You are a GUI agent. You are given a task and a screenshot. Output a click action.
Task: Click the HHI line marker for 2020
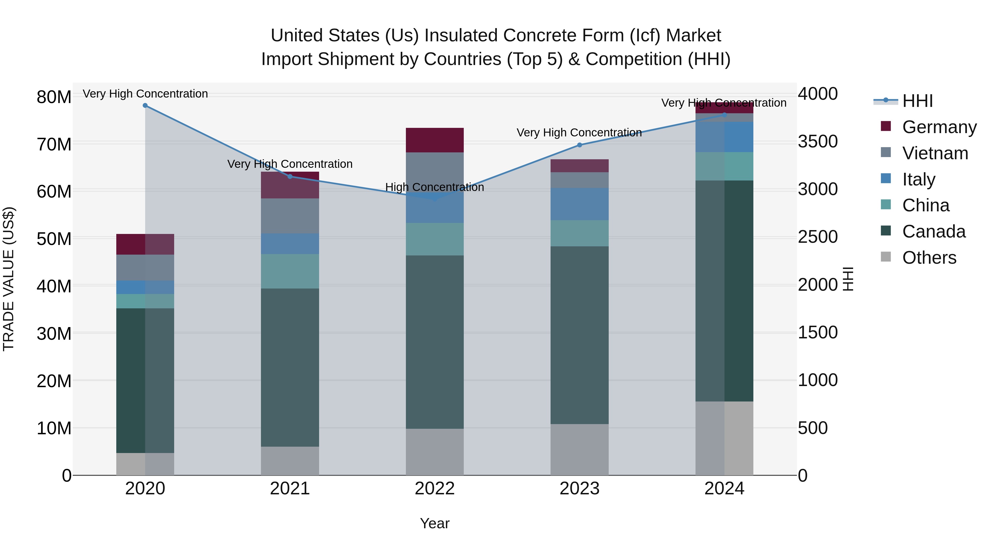coord(145,106)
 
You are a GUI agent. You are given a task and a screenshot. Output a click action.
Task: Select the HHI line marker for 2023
coord(579,145)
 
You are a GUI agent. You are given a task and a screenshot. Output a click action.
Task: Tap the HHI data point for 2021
coord(290,176)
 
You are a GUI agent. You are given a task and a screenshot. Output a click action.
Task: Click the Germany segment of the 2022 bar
coord(435,140)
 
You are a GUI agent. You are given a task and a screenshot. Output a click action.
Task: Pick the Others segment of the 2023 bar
coord(579,449)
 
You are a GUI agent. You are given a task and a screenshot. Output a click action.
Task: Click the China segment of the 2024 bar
coord(724,166)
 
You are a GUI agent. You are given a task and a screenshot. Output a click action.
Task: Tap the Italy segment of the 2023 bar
coord(579,204)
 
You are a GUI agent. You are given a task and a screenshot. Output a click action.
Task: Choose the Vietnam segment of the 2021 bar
coord(290,216)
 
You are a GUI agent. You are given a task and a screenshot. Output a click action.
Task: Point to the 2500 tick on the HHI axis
coord(818,237)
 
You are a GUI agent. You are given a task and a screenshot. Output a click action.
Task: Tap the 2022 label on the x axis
coord(435,489)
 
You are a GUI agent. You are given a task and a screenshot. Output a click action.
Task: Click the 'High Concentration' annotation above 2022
coord(435,187)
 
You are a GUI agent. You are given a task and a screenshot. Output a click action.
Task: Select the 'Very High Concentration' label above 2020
coord(145,94)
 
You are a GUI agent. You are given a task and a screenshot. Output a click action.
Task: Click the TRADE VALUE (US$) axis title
coord(9,279)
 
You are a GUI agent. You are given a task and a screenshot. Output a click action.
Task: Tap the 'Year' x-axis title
coord(435,523)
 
